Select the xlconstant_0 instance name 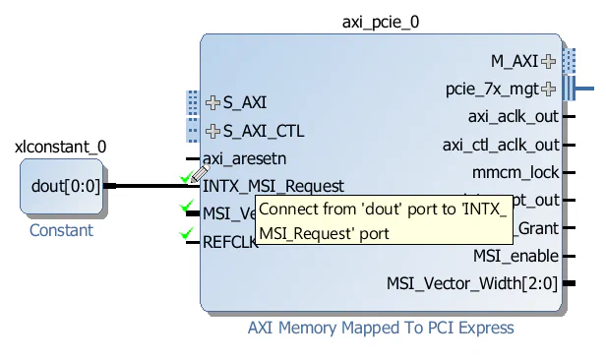61,147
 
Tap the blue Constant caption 61,230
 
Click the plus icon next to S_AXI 212,101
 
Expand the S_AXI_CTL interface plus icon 212,130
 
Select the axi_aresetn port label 245,158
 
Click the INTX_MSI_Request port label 273,186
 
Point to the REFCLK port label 230,242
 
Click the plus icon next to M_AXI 548,61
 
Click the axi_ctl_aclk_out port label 501,146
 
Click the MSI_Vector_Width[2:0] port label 472,284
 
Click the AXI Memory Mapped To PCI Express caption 380,328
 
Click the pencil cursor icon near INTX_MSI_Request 199,174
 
